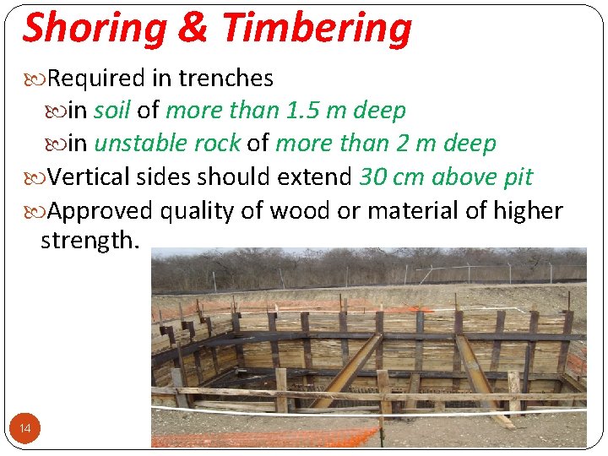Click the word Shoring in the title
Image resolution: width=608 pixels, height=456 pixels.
click(94, 29)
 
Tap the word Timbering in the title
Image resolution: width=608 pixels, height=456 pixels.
click(316, 29)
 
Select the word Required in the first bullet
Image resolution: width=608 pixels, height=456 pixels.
click(96, 79)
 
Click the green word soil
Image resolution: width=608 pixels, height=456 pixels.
click(111, 111)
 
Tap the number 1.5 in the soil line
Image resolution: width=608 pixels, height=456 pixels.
click(303, 111)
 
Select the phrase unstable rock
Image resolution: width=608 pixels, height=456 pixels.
click(167, 144)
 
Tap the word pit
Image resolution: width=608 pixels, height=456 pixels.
click(516, 177)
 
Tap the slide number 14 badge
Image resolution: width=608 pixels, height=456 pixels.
click(25, 429)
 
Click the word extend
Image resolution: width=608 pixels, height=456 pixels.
click(312, 177)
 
